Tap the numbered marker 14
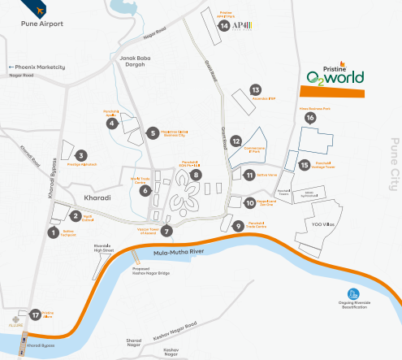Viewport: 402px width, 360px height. click(223, 25)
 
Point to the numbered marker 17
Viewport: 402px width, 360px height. click(35, 314)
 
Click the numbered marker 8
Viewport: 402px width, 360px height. click(196, 174)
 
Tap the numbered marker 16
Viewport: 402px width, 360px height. click(309, 118)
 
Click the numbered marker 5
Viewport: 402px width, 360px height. click(152, 132)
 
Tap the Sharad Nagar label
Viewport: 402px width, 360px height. click(133, 343)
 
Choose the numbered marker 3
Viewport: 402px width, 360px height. click(80, 154)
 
